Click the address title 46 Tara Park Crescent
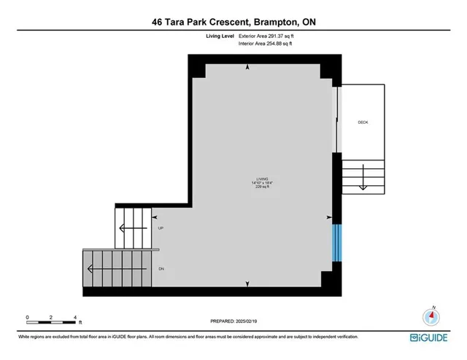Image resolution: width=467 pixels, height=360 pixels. coord(233,22)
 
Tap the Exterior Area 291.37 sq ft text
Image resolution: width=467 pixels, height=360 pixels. coord(269,36)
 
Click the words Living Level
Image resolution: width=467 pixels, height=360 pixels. coord(220,36)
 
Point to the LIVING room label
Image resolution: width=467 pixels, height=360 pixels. coord(262,179)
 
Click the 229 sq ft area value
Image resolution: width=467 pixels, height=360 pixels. coord(262,187)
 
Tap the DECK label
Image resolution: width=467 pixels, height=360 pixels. coord(363,122)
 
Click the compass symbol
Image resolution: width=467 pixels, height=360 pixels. coord(431,317)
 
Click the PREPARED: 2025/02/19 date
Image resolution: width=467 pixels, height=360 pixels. coord(233,320)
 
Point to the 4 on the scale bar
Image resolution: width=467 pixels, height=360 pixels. coord(76,317)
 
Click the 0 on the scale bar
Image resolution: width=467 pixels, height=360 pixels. coord(27,317)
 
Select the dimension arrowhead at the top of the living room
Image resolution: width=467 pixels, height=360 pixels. coord(248,67)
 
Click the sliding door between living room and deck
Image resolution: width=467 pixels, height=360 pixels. coord(336,120)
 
